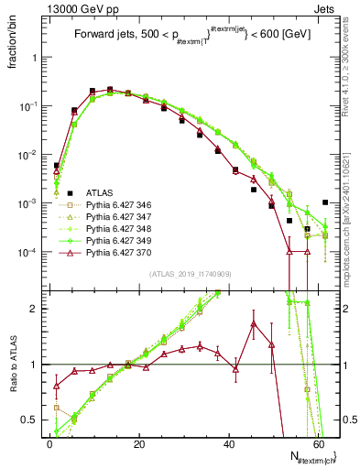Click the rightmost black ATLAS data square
[326, 202]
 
